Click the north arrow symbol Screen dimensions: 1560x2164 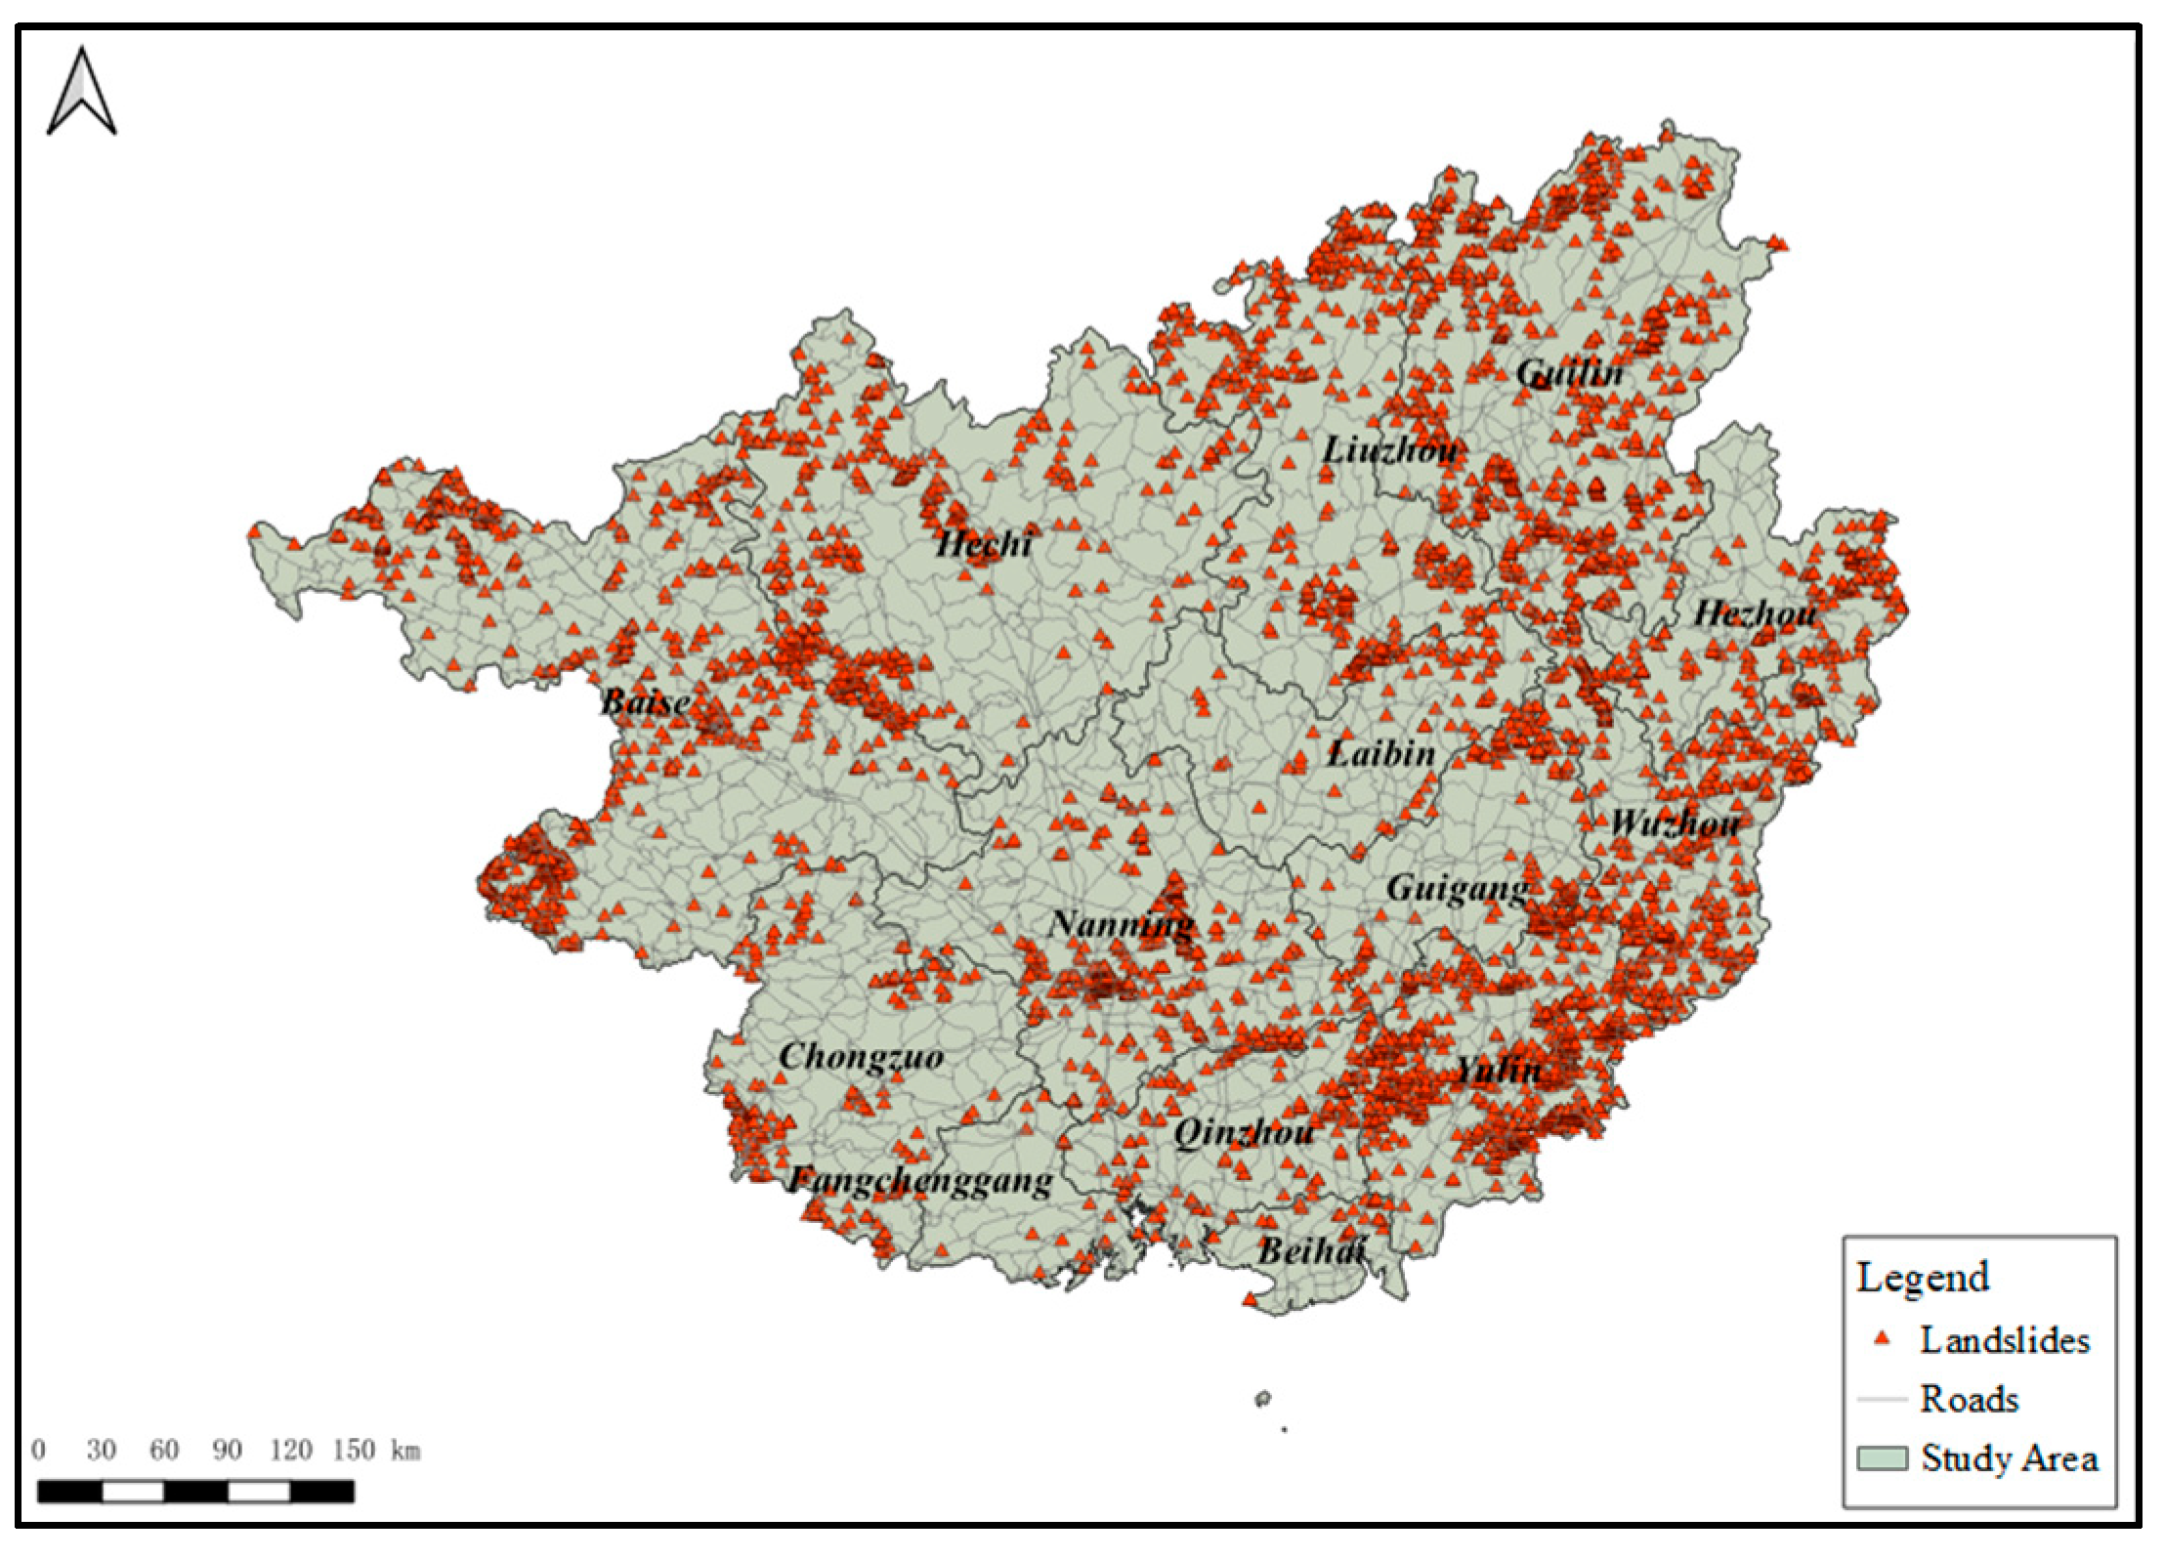point(82,93)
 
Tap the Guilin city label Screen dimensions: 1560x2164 point(1569,373)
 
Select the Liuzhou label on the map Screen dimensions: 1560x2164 point(1390,450)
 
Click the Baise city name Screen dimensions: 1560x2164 point(645,701)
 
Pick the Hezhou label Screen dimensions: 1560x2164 point(1755,614)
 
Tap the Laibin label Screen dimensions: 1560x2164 point(1381,753)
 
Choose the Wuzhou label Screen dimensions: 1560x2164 point(1674,823)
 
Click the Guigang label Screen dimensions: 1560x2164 point(1457,889)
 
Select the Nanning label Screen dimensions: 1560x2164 point(1121,924)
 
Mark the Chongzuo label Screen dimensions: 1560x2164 point(861,1057)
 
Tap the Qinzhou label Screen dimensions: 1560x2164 point(1243,1133)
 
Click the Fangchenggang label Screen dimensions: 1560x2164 point(920,1182)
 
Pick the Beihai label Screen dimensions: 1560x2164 point(1310,1251)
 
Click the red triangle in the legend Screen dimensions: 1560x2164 point(1881,1339)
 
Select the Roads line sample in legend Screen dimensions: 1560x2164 point(1881,1399)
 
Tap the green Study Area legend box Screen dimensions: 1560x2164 point(1881,1458)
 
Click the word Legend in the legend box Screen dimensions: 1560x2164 point(1922,1278)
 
